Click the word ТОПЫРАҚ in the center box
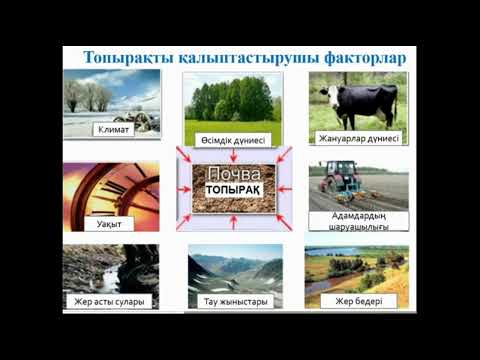(231, 188)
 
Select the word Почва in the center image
(231, 173)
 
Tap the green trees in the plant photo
(233, 98)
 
